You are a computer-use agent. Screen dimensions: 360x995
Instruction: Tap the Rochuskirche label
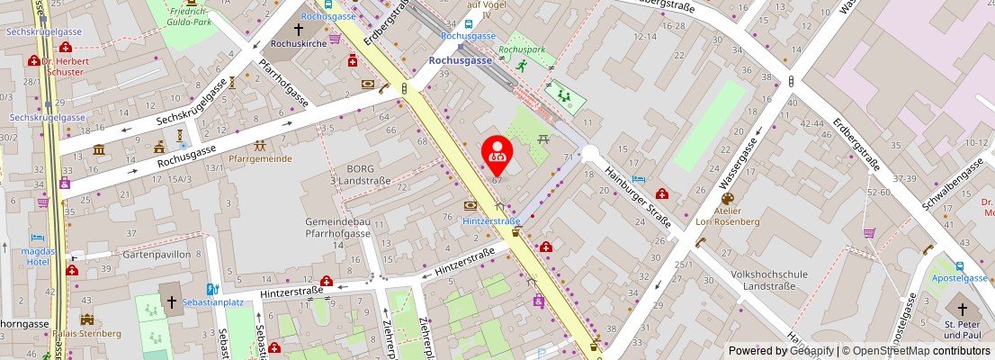click(298, 42)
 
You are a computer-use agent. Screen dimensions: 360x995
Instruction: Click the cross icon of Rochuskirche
click(299, 29)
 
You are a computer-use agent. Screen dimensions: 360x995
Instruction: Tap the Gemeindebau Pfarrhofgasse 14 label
click(337, 232)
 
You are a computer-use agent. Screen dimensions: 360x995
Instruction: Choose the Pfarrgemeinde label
click(261, 158)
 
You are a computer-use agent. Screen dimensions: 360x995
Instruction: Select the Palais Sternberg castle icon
click(86, 319)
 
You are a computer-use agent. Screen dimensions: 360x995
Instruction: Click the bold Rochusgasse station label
click(460, 59)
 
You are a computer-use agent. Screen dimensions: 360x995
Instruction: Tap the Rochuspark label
click(522, 49)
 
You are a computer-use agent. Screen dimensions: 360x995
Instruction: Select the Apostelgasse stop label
click(958, 280)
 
